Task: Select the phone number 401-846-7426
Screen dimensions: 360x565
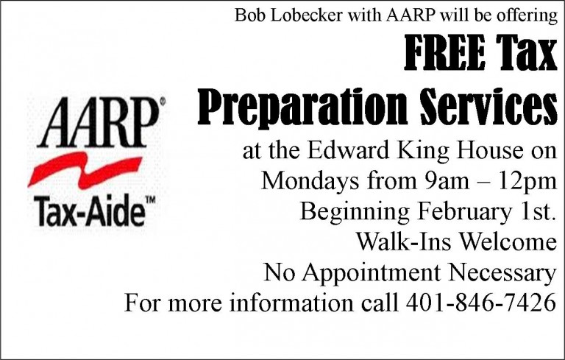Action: pos(480,303)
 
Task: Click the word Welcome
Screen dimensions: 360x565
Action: pos(508,241)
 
